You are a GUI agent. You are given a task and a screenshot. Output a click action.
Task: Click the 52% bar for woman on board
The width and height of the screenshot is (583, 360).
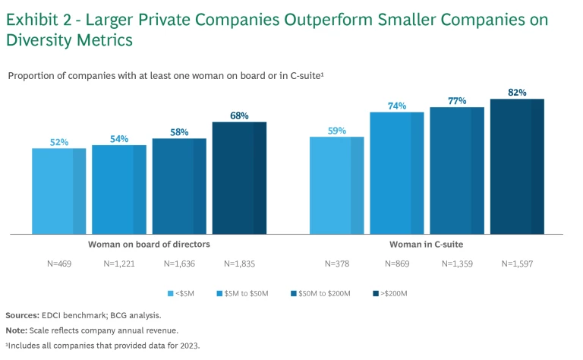pos(58,191)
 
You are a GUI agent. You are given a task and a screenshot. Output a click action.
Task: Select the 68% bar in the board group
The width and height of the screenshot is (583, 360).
pos(239,178)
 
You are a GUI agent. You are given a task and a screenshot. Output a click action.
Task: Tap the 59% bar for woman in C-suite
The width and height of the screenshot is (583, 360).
pos(336,185)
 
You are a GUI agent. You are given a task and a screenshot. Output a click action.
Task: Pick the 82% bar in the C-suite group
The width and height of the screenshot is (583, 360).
pos(517,166)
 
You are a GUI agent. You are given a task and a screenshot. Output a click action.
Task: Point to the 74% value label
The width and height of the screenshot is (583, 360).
pos(396,106)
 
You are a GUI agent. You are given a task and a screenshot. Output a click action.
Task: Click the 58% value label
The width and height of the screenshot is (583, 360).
pos(178,132)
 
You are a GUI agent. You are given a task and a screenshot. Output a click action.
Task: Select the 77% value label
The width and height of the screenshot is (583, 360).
pos(456,101)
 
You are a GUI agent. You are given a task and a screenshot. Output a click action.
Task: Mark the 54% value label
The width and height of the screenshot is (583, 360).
pos(118,139)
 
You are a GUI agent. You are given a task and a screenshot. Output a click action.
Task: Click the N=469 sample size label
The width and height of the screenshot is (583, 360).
pos(58,264)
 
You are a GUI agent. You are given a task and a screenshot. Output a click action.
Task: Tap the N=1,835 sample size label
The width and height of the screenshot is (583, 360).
pos(239,264)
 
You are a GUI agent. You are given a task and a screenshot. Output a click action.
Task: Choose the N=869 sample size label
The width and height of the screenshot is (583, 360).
pos(396,264)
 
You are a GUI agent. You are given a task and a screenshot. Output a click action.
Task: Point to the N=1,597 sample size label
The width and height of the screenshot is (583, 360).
pos(517,264)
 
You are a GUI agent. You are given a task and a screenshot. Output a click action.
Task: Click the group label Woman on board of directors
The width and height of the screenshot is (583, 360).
pos(149,245)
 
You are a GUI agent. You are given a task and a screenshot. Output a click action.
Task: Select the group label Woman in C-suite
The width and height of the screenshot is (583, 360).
pos(426,245)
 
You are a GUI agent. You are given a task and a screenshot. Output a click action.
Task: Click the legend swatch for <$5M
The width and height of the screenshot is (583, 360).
pos(171,293)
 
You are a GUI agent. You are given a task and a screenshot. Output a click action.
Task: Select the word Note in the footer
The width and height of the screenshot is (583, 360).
pos(16,330)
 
